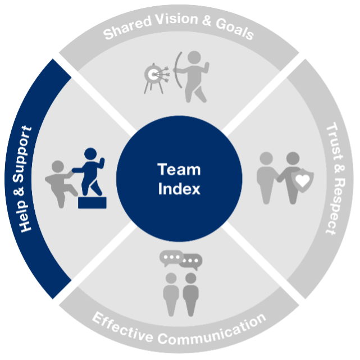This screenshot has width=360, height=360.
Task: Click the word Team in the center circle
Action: pos(179,170)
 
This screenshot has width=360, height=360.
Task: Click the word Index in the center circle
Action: pos(179,189)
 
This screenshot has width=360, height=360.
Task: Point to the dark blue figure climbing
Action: pos(89,171)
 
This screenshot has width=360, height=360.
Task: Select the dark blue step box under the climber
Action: pos(92,202)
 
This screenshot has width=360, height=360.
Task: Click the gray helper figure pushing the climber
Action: pos(60,183)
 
